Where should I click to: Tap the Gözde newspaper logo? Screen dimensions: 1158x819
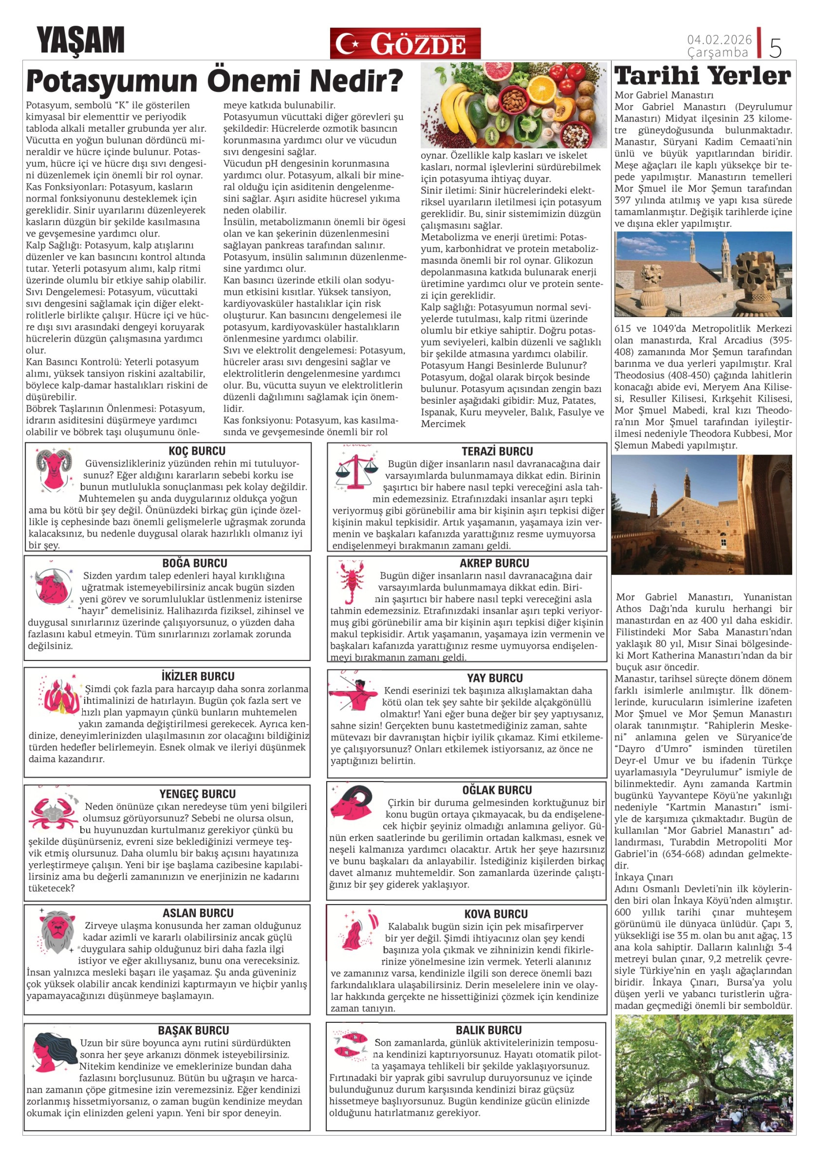pos(405,44)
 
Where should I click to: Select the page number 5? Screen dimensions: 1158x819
pos(775,48)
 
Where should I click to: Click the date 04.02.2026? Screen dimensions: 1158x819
pos(719,39)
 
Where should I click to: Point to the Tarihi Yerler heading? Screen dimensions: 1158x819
pos(703,76)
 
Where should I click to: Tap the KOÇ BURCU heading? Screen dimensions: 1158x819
pos(197,451)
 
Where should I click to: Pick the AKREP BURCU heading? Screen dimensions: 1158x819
pos(494,563)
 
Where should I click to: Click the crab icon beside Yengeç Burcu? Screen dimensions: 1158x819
pos(53,812)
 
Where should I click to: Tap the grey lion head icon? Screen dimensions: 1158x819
pos(56,931)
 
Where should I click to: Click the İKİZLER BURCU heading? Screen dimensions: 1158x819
pos(198,676)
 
